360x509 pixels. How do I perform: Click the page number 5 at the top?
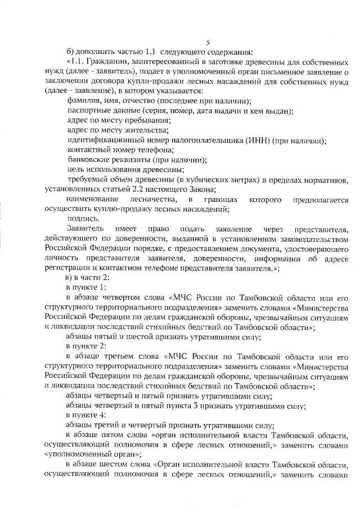coord(208,43)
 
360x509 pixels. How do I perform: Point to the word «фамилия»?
coord(83,101)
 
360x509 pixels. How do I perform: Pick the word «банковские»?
coord(89,160)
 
